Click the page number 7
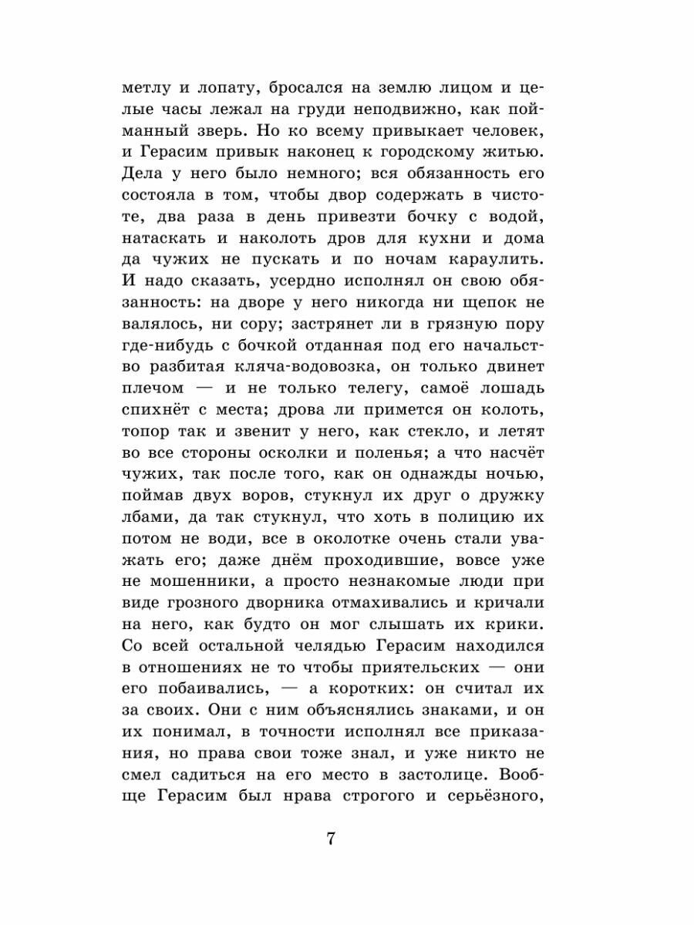[330, 839]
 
